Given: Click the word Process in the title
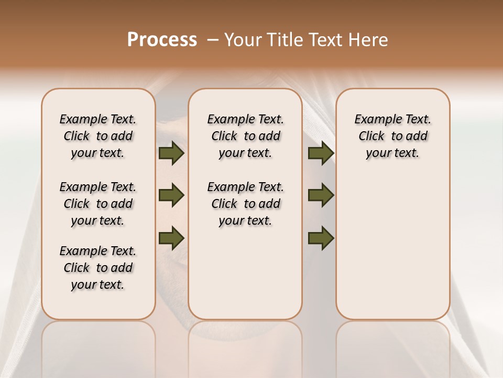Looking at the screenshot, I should coord(162,40).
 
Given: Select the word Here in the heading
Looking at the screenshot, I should coord(368,40).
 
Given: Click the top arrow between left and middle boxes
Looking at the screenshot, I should coord(171,153).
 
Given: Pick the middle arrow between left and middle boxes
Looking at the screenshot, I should coord(171,195).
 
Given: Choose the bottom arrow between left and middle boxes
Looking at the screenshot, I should coord(171,237).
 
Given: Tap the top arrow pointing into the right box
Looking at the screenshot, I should coord(321,153).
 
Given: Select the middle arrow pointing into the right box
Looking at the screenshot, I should coord(321,195).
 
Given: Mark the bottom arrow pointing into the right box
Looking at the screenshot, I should coord(321,237).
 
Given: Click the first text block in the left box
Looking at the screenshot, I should coord(98,136).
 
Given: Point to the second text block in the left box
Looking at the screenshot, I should coord(98,204).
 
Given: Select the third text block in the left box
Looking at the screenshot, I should coord(98,268).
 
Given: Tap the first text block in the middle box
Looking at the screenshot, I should coord(245,136).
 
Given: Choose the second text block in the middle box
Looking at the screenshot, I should coord(245,204).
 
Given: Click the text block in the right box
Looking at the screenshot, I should coord(392,136).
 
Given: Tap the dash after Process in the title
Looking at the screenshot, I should coord(213,40).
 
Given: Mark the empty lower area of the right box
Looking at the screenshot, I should coord(392,247).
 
